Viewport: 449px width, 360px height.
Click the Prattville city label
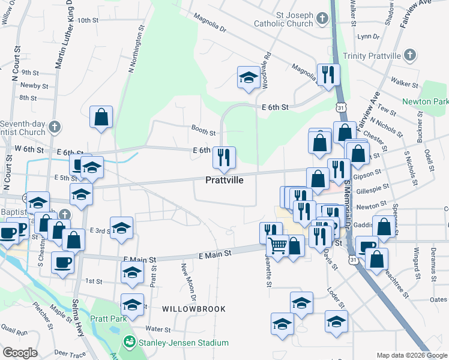pos(224,180)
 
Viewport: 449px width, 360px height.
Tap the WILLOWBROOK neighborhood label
pos(193,309)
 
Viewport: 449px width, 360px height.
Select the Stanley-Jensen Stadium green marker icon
pos(128,342)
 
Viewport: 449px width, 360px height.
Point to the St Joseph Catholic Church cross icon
pos(322,18)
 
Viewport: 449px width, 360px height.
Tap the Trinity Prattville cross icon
pos(410,56)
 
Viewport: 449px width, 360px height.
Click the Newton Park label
pos(425,102)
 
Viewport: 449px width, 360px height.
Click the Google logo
pos(20,353)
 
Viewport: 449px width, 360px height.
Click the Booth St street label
pos(203,131)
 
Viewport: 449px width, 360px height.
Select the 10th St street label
pos(88,20)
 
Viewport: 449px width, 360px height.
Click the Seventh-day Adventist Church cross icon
pos(55,127)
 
